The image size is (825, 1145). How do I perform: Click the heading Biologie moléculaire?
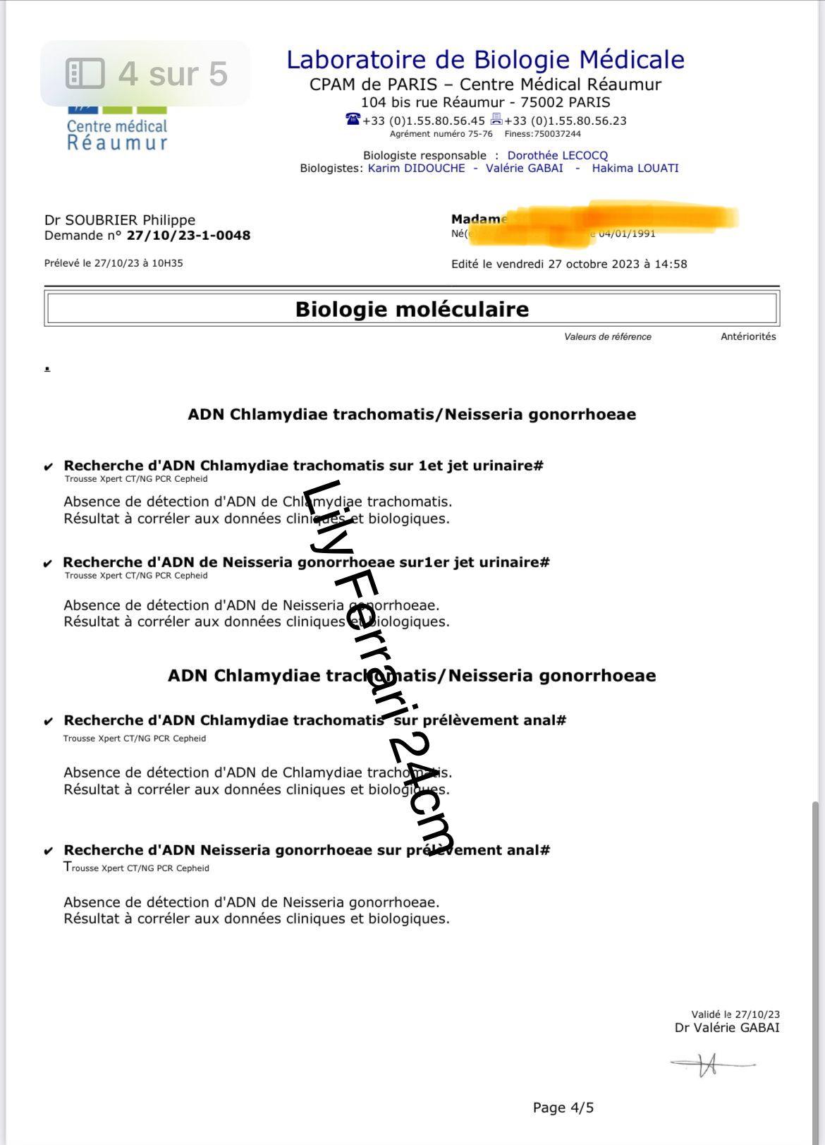click(x=412, y=309)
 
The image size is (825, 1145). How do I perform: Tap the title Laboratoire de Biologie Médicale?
click(x=485, y=59)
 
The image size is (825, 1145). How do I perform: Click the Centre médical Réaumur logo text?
click(x=117, y=135)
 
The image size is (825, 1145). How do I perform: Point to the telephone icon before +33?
click(x=353, y=119)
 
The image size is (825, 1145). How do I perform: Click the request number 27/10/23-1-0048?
click(x=188, y=236)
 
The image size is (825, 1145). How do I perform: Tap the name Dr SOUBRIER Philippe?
click(x=120, y=220)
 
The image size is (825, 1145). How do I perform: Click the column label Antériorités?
click(x=748, y=337)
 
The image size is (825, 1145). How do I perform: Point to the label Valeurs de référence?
click(x=607, y=337)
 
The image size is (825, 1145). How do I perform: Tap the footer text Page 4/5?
click(x=563, y=1108)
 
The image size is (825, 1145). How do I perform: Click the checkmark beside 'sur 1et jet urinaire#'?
click(x=48, y=467)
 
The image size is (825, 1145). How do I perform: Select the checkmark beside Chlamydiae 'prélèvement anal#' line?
click(x=48, y=722)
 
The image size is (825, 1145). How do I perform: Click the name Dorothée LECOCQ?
click(x=557, y=155)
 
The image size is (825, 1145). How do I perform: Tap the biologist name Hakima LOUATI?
click(x=635, y=168)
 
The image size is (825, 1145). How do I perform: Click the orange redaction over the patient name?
click(x=621, y=219)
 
